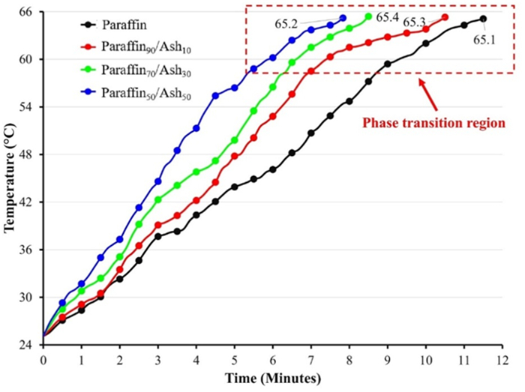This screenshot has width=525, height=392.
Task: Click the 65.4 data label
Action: tap(387, 16)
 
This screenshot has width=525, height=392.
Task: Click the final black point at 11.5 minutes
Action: tap(483, 19)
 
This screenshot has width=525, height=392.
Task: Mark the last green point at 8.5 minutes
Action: tap(368, 16)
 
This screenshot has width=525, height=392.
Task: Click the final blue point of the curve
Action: tap(343, 18)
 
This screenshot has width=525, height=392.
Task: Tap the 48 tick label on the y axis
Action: tap(28, 154)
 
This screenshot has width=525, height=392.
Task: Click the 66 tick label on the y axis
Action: tap(28, 12)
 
